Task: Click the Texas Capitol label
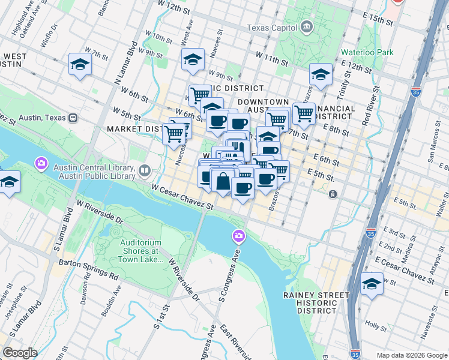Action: coord(273,28)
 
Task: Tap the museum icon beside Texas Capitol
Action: coord(307,27)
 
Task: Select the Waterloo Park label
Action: coord(367,52)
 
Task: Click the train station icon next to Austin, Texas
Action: coord(74,117)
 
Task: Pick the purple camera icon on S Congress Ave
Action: coord(239,236)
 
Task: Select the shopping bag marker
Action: coord(223,182)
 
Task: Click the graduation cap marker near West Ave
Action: coord(193,60)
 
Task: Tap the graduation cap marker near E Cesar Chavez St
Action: coord(372,284)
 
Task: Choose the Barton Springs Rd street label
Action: coord(88,270)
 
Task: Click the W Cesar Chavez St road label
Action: coord(182,197)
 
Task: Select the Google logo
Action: coord(19,353)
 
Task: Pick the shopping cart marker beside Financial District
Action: coord(304,112)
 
